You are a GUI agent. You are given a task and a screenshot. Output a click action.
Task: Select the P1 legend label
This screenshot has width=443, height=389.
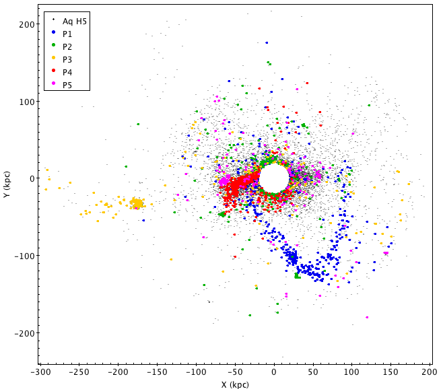coord(67,34)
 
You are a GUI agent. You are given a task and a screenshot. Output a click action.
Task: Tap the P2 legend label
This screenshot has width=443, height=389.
coord(67,46)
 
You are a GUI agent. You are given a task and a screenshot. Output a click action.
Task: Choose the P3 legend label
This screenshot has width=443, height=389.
coord(67,59)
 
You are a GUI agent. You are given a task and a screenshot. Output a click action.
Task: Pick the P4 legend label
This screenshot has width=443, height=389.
coord(67,72)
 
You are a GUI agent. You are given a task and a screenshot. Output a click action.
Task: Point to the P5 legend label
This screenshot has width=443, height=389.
coord(67,85)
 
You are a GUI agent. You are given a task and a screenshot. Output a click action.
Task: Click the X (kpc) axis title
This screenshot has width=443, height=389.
coord(235,384)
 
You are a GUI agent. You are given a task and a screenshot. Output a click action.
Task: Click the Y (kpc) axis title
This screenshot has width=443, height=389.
coord(7,183)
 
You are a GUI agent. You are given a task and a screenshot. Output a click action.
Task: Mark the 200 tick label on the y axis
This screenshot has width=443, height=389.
coord(27,24)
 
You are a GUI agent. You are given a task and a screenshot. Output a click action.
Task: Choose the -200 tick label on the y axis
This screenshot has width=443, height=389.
coord(25,333)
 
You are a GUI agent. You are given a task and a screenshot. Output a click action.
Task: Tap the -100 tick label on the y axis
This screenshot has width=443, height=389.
coord(25,256)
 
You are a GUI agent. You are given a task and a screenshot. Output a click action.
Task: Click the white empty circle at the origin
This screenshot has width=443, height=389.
coord(274,178)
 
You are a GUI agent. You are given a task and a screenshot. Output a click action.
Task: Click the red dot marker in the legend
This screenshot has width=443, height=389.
coord(54,72)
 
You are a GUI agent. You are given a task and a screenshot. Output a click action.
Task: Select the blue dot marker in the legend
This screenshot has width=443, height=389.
coord(54,34)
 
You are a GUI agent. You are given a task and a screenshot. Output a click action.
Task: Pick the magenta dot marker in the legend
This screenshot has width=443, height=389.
coord(54,85)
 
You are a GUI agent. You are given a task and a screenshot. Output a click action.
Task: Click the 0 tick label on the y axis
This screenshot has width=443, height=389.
coord(31,178)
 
